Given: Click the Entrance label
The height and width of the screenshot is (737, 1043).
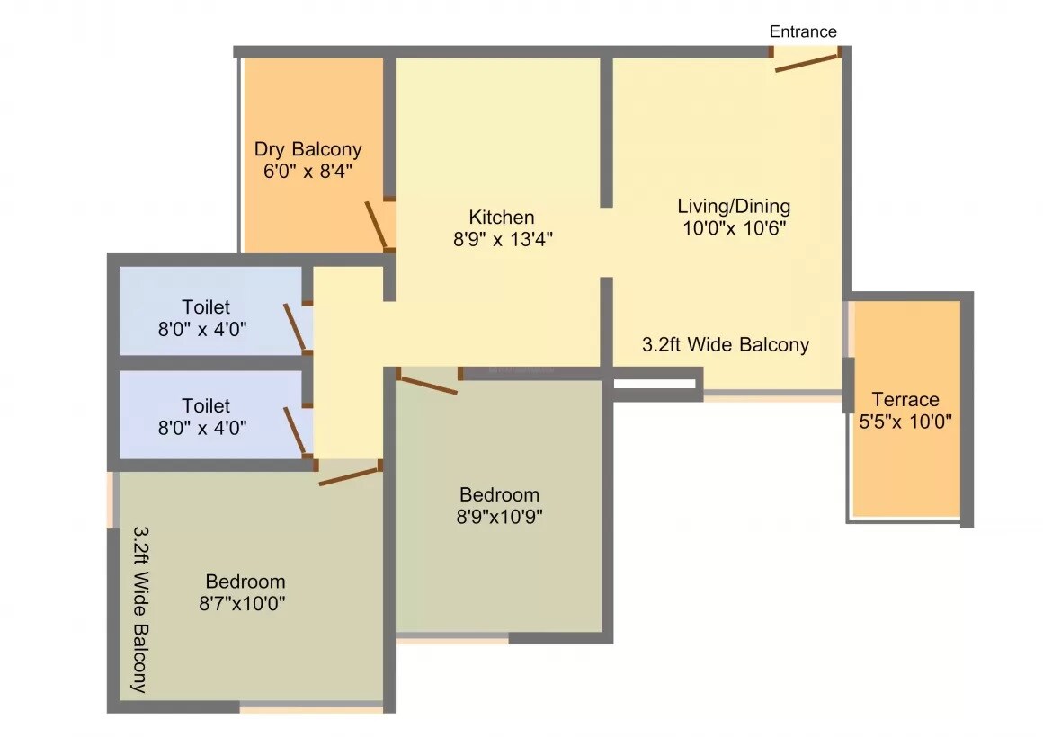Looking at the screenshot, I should coord(802,31).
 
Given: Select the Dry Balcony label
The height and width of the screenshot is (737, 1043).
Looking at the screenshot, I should coord(308,149).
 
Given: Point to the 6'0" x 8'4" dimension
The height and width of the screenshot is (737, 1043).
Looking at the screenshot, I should coord(308,172).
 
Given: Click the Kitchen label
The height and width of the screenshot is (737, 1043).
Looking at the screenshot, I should coord(501,217).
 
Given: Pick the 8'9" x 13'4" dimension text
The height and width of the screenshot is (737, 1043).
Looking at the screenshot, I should coord(501,239).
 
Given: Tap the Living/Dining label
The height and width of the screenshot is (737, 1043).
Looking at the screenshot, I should coord(733,206).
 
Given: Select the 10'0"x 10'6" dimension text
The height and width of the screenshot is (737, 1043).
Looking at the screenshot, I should coord(733,228).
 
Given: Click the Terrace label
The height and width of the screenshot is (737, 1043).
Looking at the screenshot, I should coord(905,399).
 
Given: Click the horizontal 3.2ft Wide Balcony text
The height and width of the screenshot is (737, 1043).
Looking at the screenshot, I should coord(725,344).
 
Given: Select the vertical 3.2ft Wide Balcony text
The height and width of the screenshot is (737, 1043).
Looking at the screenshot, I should coord(139,608).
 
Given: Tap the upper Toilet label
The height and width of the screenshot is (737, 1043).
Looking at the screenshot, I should coord(206,306).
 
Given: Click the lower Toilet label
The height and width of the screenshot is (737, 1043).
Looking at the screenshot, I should coord(206,405).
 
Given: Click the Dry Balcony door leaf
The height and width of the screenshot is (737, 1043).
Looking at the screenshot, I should coord(375,225).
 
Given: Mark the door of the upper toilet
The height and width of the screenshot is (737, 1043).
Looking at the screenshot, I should coord(294,325).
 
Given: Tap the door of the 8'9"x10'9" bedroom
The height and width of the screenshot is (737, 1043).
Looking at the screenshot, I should coord(426,384).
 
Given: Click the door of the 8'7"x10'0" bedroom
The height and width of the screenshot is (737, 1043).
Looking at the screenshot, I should coord(349,476).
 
